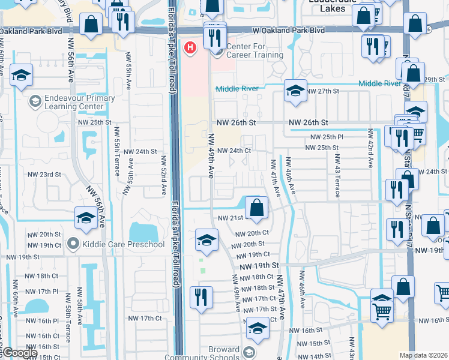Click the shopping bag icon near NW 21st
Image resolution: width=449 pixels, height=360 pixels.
[256, 209]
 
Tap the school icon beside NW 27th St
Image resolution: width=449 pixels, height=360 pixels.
[295, 91]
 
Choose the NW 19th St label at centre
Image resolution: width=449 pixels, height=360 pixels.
[259, 265]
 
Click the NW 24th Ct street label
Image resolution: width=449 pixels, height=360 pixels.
[234, 151]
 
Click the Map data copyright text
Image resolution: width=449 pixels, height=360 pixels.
[424, 355]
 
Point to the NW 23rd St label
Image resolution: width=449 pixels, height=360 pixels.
[45, 175]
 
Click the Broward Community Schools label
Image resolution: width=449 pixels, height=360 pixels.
[223, 354]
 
